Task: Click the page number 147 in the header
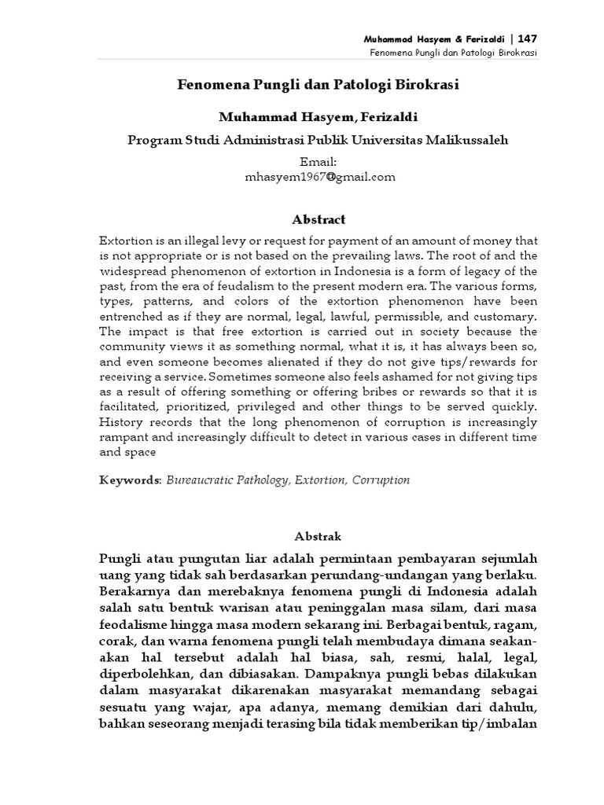[x=526, y=39]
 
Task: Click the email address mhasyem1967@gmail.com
[x=319, y=177]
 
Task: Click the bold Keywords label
[x=131, y=480]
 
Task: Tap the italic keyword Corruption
[x=381, y=480]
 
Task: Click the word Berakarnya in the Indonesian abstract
[x=138, y=590]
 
